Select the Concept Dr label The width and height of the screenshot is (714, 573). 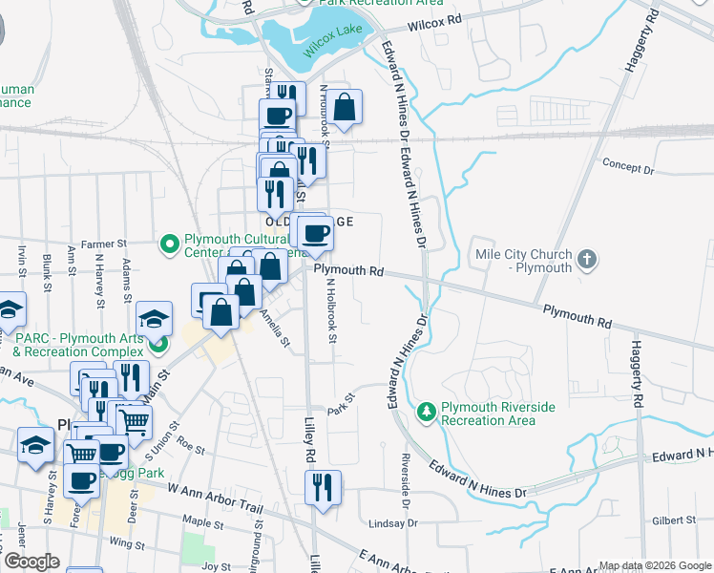pos(627,167)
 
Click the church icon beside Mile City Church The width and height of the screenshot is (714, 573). pos(587,259)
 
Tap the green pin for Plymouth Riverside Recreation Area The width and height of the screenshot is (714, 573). pos(426,413)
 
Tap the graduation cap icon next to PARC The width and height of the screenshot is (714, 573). pos(153,317)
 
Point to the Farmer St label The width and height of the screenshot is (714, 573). pos(104,243)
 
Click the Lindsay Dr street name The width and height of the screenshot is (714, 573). pos(392,523)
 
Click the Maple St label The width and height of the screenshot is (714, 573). pos(201,521)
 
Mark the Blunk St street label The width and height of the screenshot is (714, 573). pos(46,265)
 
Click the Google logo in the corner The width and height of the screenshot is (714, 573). pos(31,562)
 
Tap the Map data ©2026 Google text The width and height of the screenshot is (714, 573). pos(654,565)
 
